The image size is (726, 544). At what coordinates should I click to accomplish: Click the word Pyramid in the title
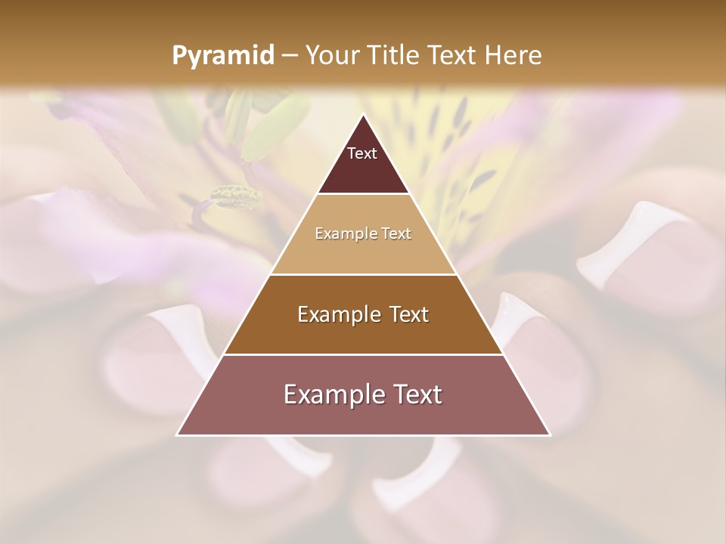pyautogui.click(x=222, y=56)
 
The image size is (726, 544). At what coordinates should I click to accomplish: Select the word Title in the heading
pyautogui.click(x=396, y=56)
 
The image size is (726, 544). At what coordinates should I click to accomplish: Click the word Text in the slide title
pyautogui.click(x=454, y=56)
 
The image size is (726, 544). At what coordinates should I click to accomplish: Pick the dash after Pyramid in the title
pyautogui.click(x=289, y=56)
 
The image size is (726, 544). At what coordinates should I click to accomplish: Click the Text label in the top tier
pyautogui.click(x=362, y=153)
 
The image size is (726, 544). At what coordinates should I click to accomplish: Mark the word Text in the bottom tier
pyautogui.click(x=416, y=394)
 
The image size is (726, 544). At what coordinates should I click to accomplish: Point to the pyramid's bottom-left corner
pyautogui.click(x=178, y=434)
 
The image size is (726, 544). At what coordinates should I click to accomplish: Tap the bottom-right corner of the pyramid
pyautogui.click(x=550, y=434)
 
